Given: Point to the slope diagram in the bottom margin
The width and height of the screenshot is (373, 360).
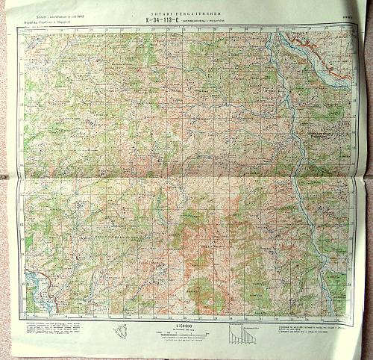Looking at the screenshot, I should (x=242, y=333).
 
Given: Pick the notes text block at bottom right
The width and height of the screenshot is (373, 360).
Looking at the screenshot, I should (x=306, y=330).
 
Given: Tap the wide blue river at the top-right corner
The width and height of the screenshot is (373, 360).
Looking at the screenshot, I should (x=333, y=72).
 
